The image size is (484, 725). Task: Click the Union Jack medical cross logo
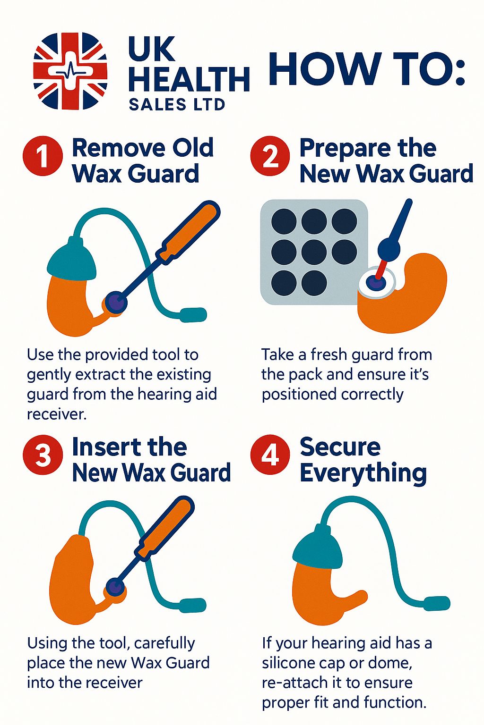click(x=70, y=70)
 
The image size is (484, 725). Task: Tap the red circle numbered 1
click(x=43, y=156)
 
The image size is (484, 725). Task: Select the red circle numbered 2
click(x=270, y=156)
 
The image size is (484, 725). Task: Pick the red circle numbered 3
click(x=43, y=455)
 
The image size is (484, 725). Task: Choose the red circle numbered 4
click(x=270, y=455)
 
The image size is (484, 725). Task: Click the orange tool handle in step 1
click(x=190, y=230)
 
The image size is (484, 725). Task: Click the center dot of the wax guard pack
click(x=314, y=252)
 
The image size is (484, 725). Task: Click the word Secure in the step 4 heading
click(x=340, y=447)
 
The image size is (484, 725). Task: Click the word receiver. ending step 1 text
click(x=57, y=414)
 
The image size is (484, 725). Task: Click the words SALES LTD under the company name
click(x=177, y=105)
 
